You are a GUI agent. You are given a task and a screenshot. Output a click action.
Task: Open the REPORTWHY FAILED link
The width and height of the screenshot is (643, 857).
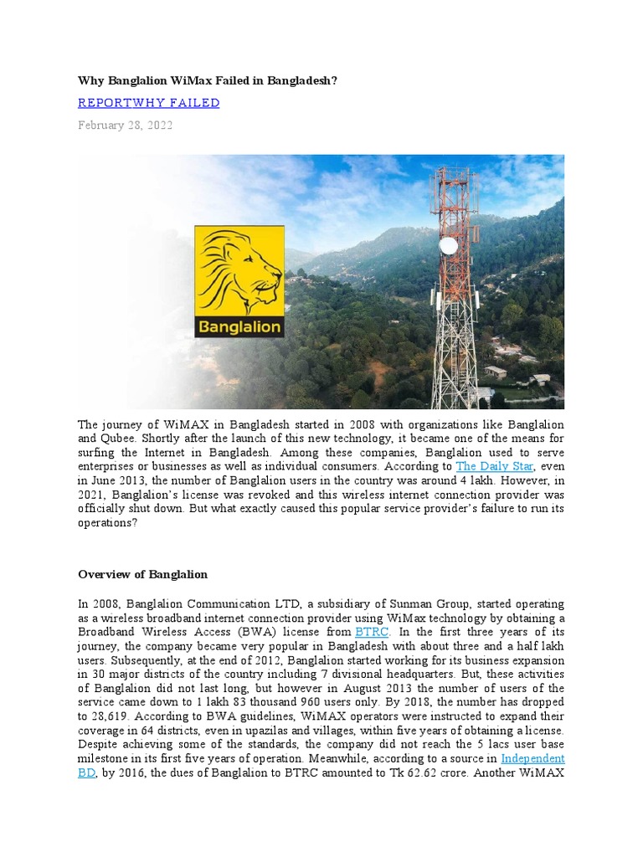(x=148, y=103)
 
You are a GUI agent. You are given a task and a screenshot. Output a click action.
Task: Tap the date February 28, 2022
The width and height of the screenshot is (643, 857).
(x=126, y=126)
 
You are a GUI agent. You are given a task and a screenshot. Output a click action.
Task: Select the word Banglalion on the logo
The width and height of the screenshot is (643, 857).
(x=239, y=326)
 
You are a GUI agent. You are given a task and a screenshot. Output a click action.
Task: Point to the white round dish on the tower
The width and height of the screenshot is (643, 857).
(x=449, y=246)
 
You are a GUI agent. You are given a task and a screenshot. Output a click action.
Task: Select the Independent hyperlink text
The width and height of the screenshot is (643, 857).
(x=532, y=758)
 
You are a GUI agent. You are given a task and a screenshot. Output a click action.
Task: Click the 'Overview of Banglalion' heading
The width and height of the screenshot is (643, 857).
(x=142, y=575)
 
